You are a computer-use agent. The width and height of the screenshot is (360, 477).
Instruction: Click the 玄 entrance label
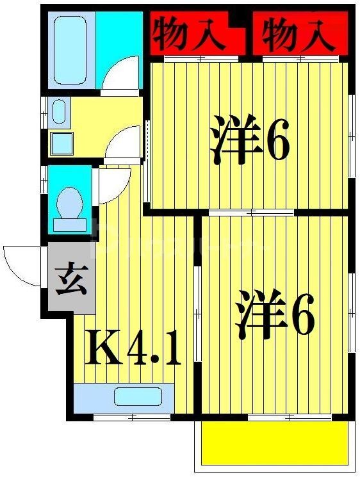70,280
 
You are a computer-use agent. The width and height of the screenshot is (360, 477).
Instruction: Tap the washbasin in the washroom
60,111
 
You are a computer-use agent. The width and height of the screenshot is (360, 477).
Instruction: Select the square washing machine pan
62,142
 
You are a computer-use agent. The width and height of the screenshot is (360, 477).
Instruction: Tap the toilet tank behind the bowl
69,224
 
